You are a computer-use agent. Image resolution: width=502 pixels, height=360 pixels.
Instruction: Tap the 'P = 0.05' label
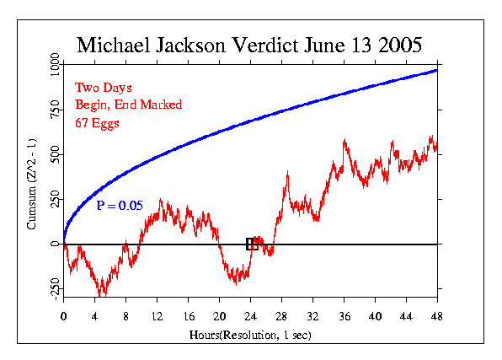[x=120, y=205]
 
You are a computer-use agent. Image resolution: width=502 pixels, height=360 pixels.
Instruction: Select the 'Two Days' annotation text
[x=104, y=87]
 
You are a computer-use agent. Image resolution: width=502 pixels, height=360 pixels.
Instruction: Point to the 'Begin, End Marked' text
[x=128, y=105]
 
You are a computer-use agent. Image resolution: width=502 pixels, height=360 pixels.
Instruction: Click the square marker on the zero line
[x=251, y=244]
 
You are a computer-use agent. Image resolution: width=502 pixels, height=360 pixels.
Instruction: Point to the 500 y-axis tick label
[x=55, y=155]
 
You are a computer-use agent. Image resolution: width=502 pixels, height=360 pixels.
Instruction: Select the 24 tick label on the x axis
[x=250, y=316]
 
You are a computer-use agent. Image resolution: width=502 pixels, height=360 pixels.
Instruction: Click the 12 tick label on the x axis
[x=157, y=316]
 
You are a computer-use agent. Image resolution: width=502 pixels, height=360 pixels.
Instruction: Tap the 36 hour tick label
[x=344, y=316]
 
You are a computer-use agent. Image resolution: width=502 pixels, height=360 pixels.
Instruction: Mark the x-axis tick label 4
[x=94, y=316]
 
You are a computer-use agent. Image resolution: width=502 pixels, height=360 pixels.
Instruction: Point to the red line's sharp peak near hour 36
[x=345, y=141]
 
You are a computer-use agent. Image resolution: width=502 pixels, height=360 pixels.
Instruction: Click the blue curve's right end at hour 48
[x=436, y=70]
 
